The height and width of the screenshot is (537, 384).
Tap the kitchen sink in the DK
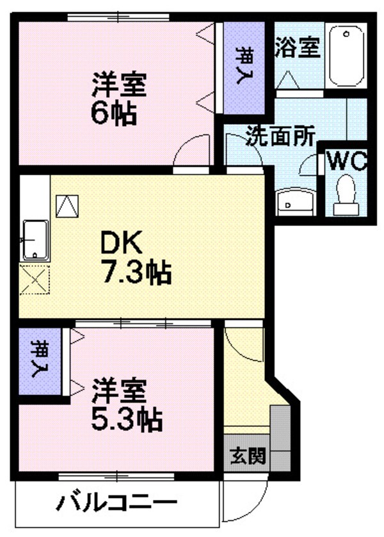point(36,240)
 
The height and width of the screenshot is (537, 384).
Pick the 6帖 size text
point(113,114)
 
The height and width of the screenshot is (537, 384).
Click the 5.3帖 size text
point(125,420)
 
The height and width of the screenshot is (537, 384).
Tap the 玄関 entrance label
point(246,458)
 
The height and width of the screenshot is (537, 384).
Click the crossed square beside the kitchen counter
point(34,280)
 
